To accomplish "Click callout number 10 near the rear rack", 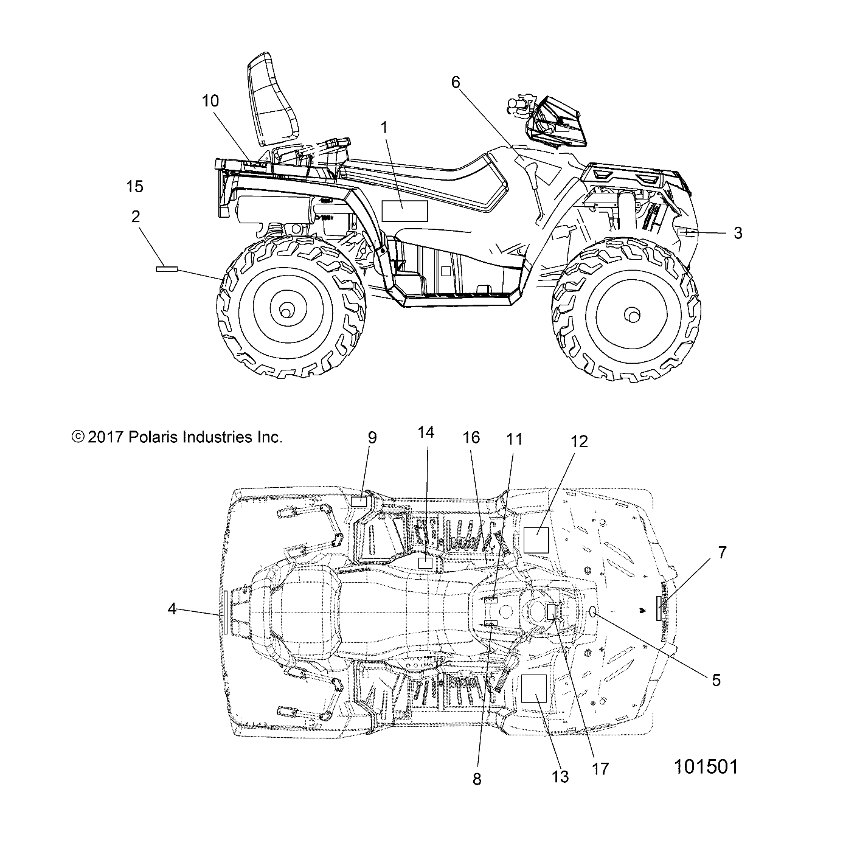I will [210, 101].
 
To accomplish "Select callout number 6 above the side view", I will [456, 83].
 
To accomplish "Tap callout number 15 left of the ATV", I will [134, 187].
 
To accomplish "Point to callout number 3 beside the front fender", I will [738, 233].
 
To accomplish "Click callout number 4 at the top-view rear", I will [172, 608].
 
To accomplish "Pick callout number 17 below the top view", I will [600, 769].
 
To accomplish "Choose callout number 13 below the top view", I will [560, 777].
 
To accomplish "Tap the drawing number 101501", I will [706, 767].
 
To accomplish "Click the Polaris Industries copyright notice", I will [177, 437].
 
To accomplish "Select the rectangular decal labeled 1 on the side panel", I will [404, 210].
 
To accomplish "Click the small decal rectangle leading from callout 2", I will [166, 268].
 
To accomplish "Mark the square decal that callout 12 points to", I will [536, 540].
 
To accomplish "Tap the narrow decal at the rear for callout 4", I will [225, 612].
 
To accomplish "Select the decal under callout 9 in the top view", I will [359, 501].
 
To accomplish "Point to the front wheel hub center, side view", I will [633, 315].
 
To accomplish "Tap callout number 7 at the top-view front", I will [722, 553].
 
